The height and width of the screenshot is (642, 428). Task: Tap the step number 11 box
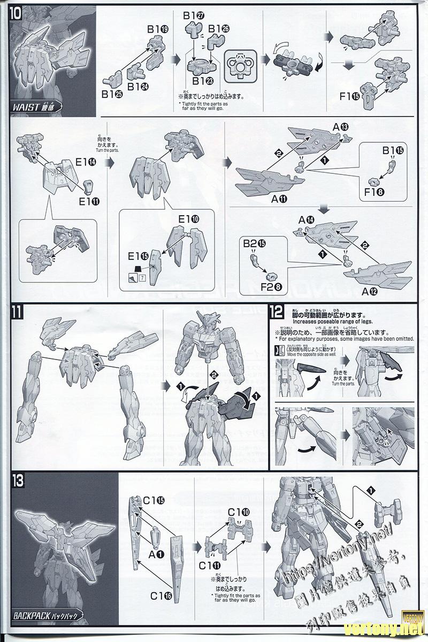pos(16,312)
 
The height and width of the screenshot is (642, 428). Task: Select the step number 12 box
pos(277,312)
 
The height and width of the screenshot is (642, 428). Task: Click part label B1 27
pos(193,16)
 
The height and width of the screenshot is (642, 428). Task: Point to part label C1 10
pos(238,512)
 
